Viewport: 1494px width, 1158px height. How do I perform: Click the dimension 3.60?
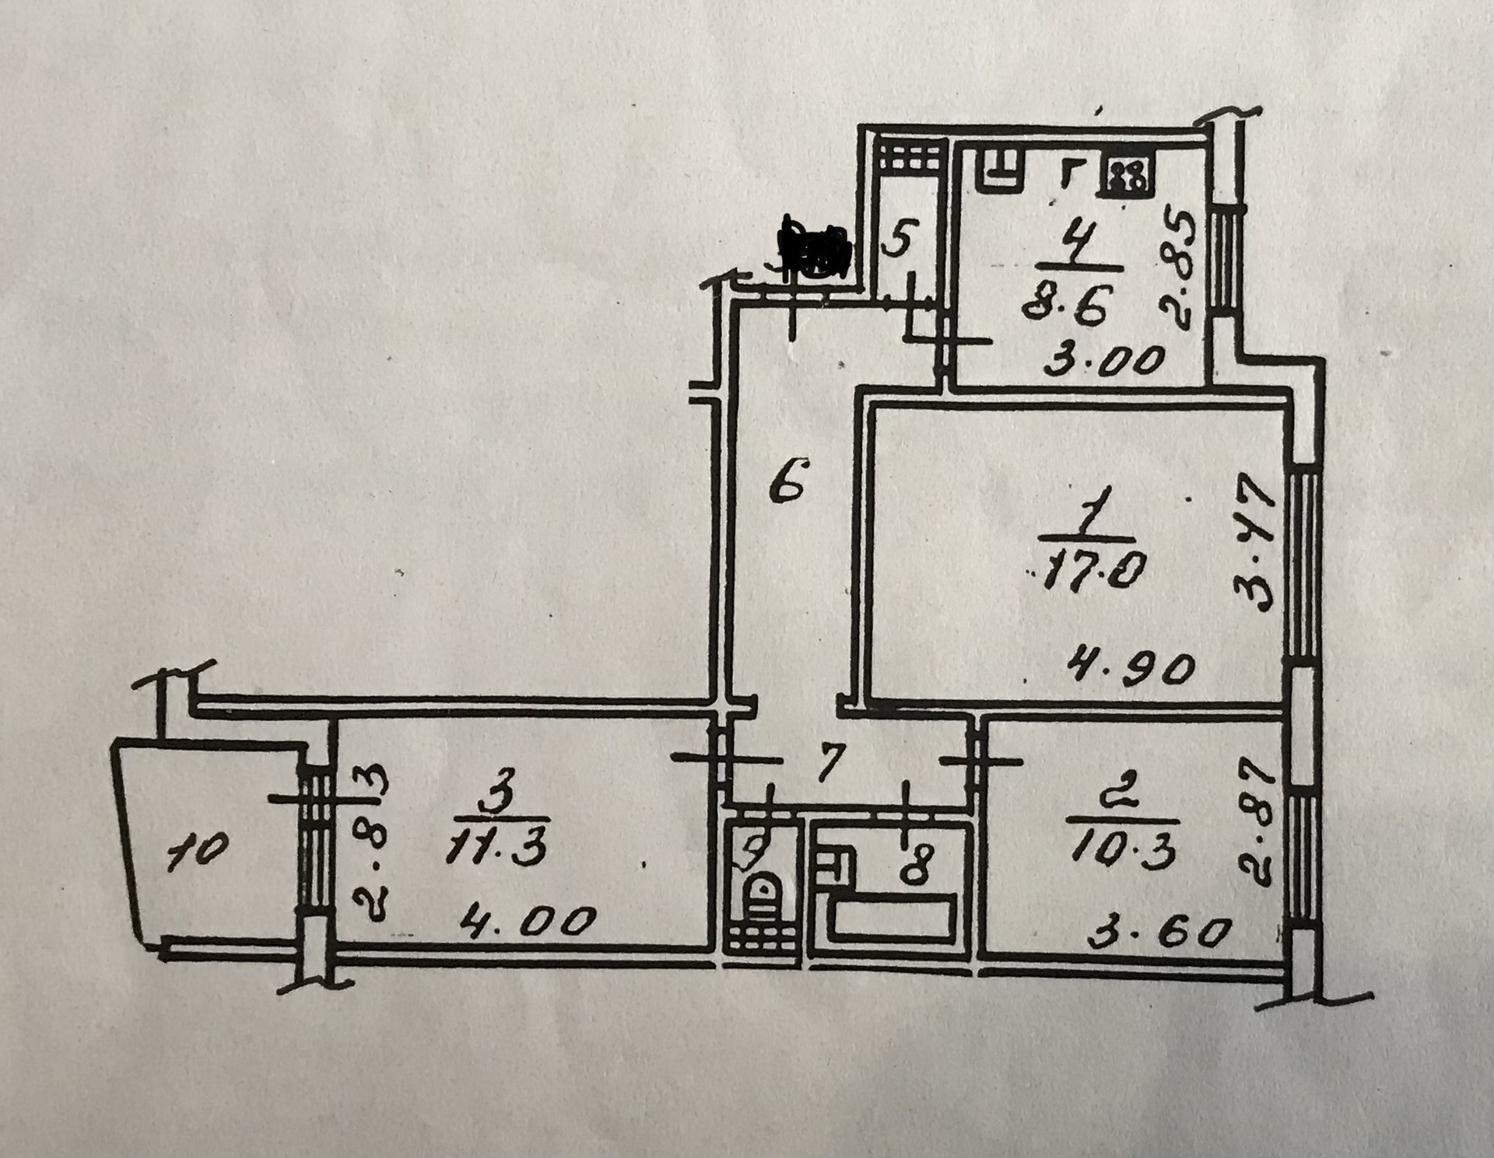(1160, 933)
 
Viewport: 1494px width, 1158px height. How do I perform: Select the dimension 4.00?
(527, 923)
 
